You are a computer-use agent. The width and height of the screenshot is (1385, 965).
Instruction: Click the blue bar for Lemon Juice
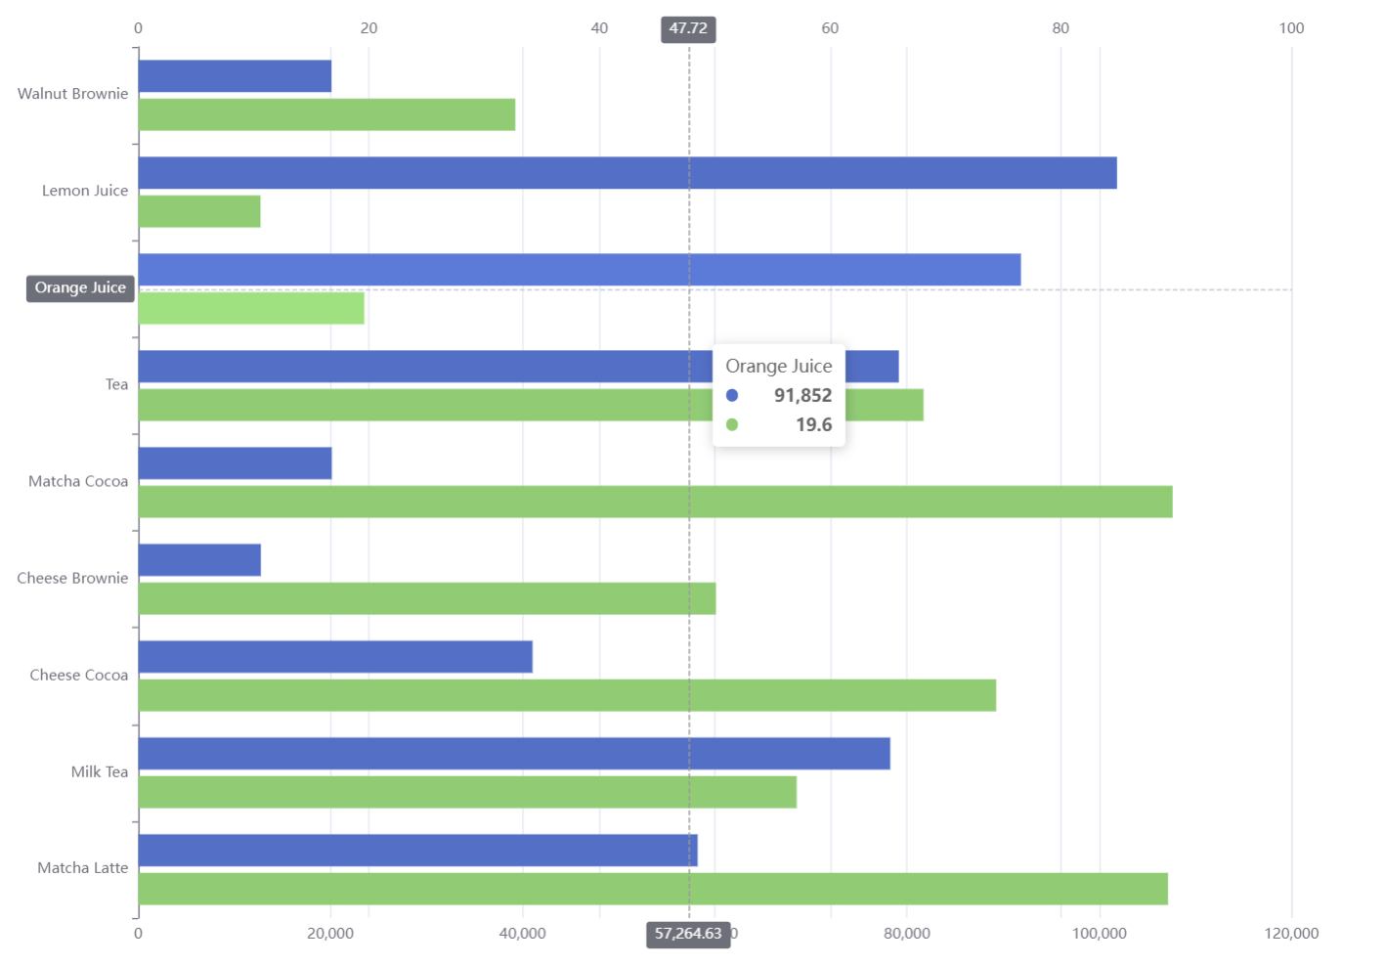coord(627,173)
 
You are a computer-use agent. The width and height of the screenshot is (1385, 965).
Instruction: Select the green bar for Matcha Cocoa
coord(655,502)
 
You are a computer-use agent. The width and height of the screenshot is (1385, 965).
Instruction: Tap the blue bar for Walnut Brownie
coord(235,76)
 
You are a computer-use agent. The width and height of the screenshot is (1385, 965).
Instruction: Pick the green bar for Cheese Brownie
coord(426,598)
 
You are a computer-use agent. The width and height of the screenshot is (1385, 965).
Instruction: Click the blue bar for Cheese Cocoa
coord(335,657)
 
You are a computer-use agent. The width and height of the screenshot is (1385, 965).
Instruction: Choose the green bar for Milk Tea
coord(467,792)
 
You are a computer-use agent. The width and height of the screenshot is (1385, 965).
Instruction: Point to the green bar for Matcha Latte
coord(653,889)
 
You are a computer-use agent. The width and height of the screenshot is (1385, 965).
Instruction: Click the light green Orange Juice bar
coord(251,308)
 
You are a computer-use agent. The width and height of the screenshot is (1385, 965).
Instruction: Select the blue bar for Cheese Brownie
coord(199,560)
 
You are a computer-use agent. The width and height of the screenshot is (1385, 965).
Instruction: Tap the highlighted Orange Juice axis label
coord(80,287)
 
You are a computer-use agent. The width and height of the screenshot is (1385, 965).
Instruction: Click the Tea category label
coord(116,384)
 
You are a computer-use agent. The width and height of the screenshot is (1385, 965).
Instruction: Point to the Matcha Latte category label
coord(82,868)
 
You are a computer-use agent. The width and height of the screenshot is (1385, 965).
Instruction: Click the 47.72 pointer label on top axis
coord(688,29)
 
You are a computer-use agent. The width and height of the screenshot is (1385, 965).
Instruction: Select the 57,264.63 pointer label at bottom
coord(688,934)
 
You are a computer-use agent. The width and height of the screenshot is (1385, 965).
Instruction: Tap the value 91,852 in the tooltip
coord(802,395)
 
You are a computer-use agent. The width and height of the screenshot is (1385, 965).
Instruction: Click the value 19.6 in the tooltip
coord(813,424)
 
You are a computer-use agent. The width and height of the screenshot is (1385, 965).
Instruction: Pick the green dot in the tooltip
coord(732,424)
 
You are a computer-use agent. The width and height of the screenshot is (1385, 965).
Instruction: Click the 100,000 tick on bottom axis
coord(1099,934)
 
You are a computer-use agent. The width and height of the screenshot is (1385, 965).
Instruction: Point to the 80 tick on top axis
coord(1060,28)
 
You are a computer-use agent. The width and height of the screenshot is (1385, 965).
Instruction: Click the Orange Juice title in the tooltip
coord(778,366)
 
